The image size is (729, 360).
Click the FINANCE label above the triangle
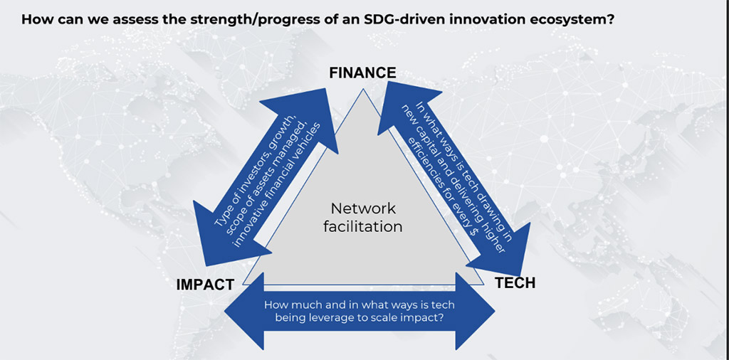[362, 73]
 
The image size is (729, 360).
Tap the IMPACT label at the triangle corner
[205, 285]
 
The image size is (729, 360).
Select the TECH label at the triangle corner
[515, 282]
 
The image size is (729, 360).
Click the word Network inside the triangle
[364, 208]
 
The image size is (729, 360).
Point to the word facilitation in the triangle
[363, 227]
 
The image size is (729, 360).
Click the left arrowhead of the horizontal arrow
[244, 311]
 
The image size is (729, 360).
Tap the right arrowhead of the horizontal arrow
[475, 311]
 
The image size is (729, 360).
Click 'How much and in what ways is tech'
[360, 305]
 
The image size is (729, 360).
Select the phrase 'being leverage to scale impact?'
[360, 319]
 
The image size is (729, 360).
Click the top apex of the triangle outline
[362, 89]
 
